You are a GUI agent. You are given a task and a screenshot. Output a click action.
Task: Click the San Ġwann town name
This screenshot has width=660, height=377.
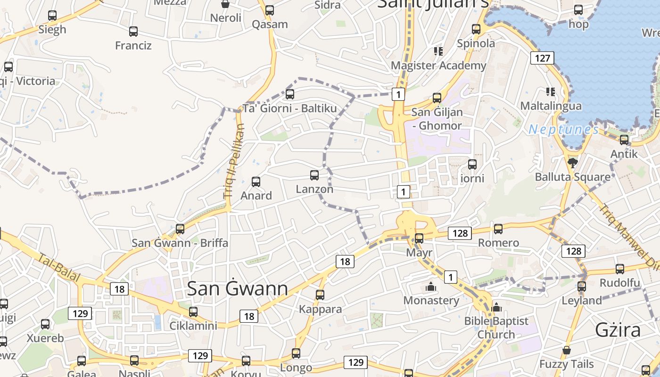238,288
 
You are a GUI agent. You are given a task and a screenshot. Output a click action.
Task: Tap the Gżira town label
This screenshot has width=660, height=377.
618,330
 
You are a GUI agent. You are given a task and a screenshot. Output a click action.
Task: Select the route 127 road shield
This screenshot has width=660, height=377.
542,58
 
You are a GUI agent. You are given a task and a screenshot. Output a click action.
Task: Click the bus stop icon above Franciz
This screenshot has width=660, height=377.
133,32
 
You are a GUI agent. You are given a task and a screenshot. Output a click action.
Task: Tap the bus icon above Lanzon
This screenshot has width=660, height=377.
314,175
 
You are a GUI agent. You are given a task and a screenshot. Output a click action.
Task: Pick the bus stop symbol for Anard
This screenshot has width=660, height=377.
256,181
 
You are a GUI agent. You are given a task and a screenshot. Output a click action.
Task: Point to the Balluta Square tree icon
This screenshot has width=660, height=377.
573,163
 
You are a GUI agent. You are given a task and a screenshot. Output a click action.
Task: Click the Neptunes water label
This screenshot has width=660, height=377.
563,129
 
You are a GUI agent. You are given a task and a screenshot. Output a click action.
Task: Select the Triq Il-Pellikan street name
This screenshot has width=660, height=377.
235,160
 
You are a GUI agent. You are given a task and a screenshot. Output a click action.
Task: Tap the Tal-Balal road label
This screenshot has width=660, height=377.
59,269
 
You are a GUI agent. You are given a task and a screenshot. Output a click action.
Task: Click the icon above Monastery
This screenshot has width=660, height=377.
431,286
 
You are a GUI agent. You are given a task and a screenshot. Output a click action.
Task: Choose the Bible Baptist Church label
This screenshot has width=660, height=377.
496,328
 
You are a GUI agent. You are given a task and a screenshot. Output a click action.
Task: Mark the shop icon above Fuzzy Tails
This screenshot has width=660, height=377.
567,350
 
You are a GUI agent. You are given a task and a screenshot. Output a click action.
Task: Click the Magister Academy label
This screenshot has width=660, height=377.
438,66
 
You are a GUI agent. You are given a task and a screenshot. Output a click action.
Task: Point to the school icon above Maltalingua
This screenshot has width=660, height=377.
550,91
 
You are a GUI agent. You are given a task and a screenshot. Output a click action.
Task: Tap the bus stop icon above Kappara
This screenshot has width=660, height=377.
320,295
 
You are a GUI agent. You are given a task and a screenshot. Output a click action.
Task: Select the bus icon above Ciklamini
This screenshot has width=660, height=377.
193,311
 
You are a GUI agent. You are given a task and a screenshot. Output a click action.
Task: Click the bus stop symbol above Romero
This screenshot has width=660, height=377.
498,229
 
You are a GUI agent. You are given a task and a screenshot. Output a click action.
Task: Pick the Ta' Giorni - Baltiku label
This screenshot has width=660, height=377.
290,108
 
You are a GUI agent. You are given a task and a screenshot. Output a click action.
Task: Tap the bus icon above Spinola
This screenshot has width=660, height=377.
476,29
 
